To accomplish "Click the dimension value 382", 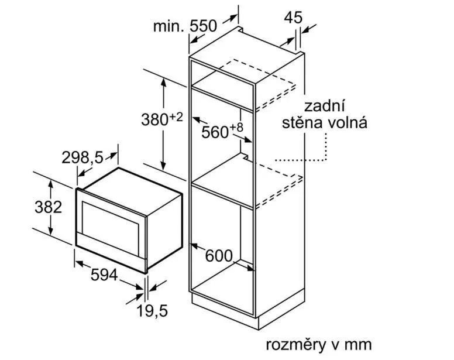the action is [x=49, y=207].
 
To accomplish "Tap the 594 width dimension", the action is [x=104, y=275].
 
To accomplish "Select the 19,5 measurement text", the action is [x=152, y=311].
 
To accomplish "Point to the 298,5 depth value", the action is [x=82, y=158].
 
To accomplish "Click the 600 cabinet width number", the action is [x=219, y=256].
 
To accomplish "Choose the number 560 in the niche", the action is [x=215, y=132].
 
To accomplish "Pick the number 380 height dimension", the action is [x=155, y=119].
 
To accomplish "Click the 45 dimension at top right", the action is [x=293, y=18].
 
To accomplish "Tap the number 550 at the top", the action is [x=203, y=26].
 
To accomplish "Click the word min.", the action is [x=168, y=26].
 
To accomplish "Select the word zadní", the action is [x=325, y=106].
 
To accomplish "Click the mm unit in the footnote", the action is [x=358, y=345].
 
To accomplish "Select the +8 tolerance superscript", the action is [x=237, y=127].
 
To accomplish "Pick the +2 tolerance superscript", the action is [x=176, y=117].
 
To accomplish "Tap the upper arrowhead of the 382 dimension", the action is [x=51, y=184].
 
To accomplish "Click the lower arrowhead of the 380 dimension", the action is [x=163, y=166].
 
